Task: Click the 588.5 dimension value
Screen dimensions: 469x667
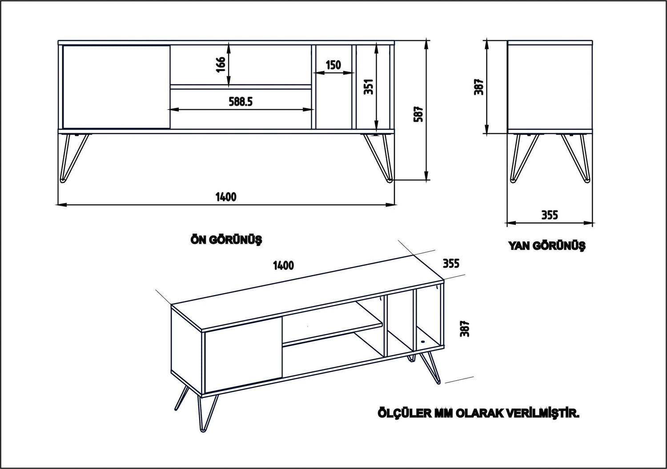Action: [241, 102]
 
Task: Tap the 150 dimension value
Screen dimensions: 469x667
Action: [333, 65]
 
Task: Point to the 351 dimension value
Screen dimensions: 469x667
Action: [368, 87]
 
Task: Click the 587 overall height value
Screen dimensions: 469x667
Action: [418, 114]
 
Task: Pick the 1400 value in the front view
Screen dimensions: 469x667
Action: [226, 197]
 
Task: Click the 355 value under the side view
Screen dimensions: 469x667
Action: [550, 215]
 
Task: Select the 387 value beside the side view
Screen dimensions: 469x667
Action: [478, 87]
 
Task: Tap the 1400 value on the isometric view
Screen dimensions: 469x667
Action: [283, 266]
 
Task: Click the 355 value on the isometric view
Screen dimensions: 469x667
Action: [450, 263]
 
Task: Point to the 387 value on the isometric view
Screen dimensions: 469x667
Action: [465, 329]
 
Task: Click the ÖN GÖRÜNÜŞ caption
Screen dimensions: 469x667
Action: [226, 240]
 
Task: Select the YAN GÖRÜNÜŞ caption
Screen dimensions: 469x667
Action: [547, 245]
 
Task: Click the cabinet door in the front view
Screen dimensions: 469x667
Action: [117, 87]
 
